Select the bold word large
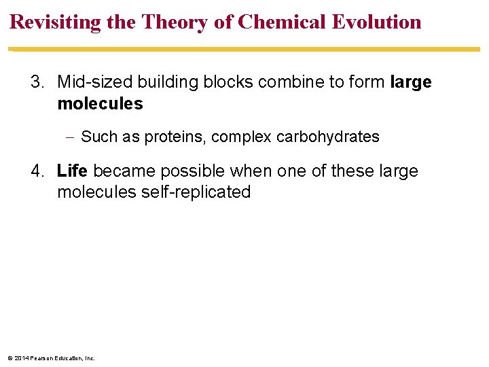point(411,83)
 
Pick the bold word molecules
point(100,104)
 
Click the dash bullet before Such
point(71,137)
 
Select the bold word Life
point(72,171)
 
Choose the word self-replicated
point(196,192)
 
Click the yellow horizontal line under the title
point(244,49)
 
